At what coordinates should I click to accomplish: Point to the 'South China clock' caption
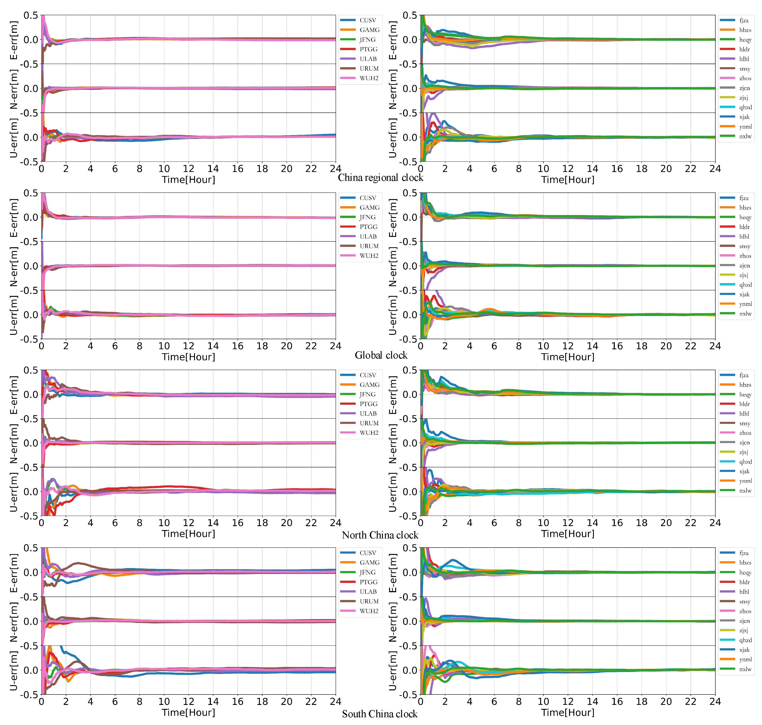pos(380,714)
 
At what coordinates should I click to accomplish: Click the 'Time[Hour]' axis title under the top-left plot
pos(188,180)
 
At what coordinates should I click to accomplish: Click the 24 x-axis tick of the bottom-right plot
pos(715,702)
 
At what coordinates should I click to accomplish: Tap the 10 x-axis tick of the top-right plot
pos(543,169)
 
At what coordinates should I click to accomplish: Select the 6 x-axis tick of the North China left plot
pos(115,523)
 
